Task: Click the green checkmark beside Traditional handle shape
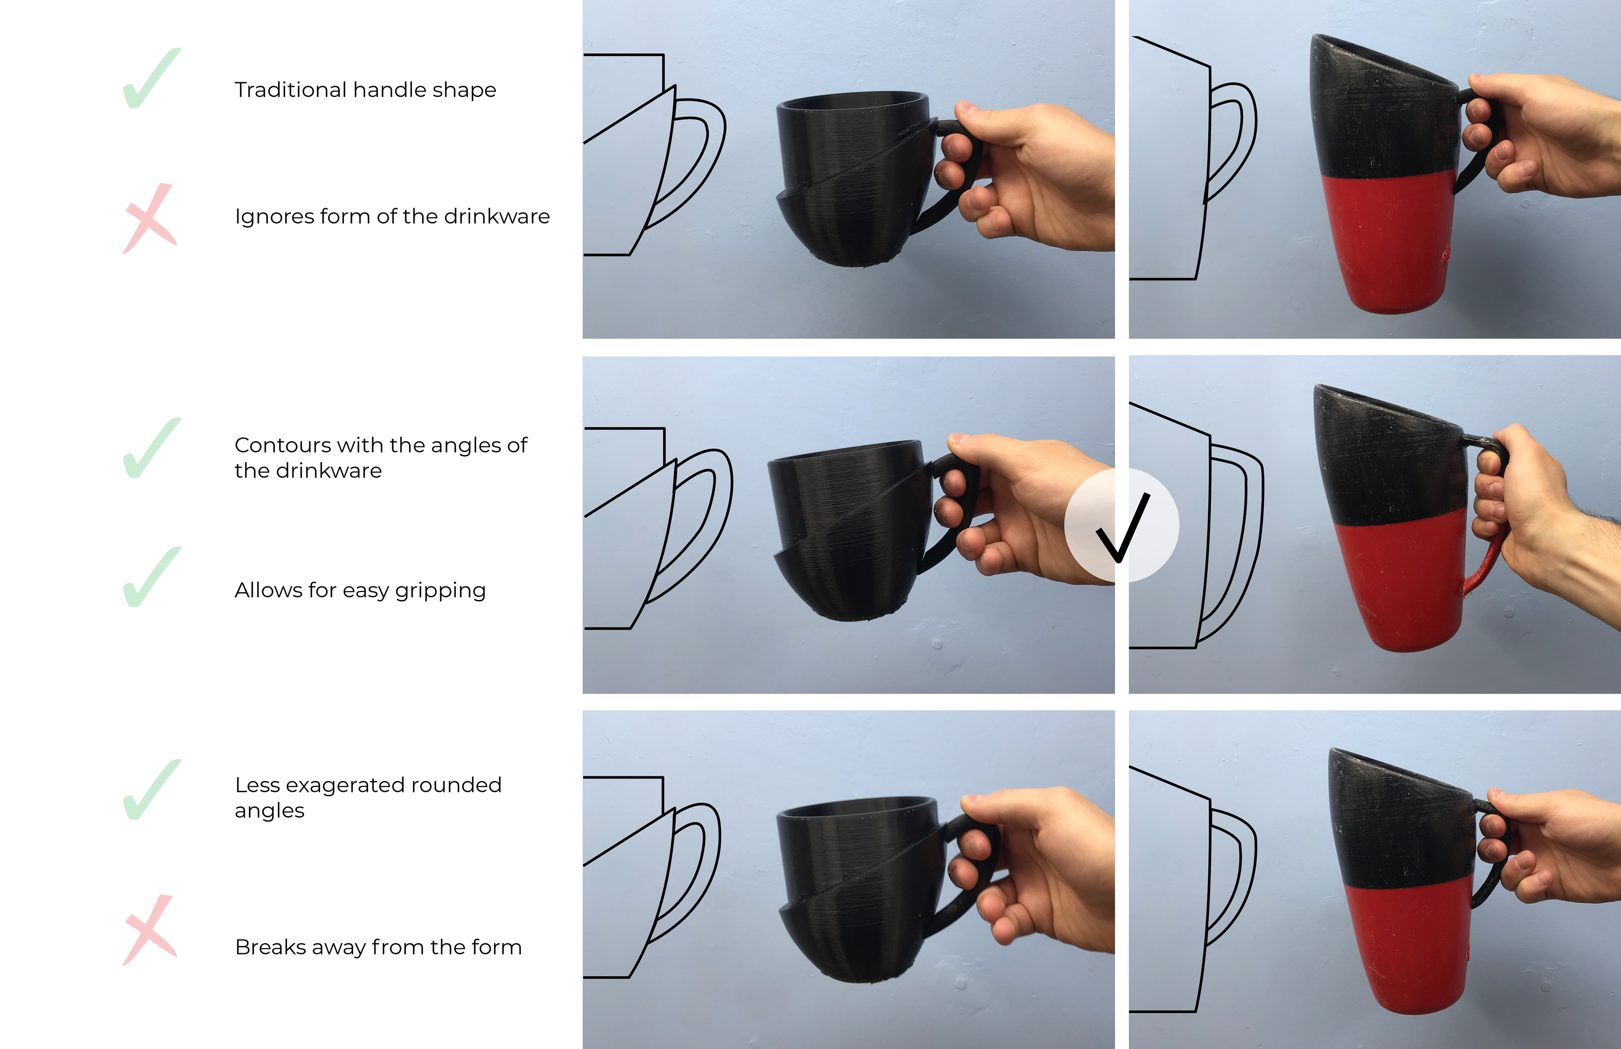point(151,79)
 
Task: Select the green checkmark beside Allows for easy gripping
point(151,577)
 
